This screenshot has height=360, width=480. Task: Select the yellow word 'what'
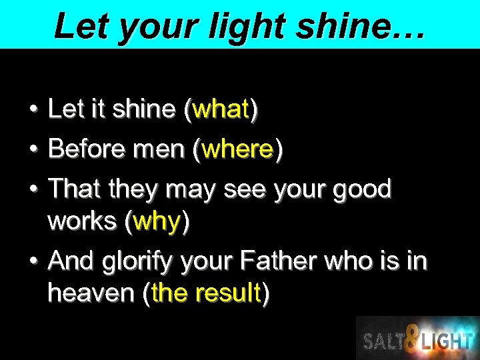coord(220,109)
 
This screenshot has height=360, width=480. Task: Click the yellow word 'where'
coord(237,149)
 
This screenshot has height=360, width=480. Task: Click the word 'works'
coord(83,222)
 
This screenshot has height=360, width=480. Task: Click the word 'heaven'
coord(91,293)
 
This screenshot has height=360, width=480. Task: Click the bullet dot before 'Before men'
coord(32,149)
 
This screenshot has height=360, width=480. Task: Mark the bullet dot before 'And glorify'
coord(32,261)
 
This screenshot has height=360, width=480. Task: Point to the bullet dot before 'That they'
coord(32,189)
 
